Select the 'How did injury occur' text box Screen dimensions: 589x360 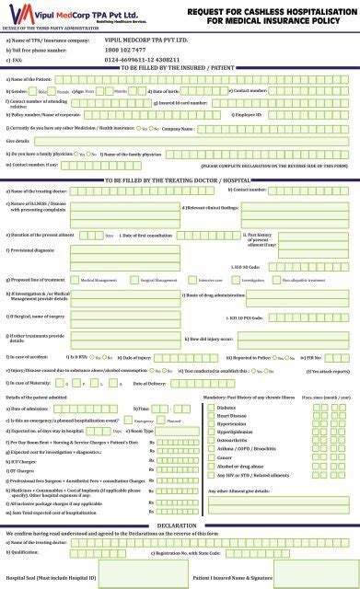295,339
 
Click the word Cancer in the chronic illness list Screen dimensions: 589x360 226,455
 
